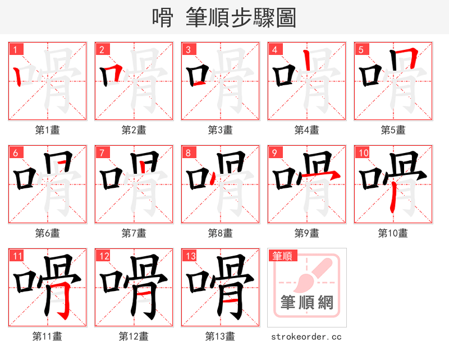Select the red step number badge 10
(363, 153)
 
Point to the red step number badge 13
(190, 256)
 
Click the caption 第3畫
(220, 130)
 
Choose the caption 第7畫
(134, 233)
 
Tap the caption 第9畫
(306, 233)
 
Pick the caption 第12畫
(134, 336)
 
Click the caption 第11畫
(47, 336)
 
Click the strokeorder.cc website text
(306, 337)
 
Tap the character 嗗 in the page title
(163, 18)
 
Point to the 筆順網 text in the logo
(307, 302)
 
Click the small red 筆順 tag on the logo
(282, 256)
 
